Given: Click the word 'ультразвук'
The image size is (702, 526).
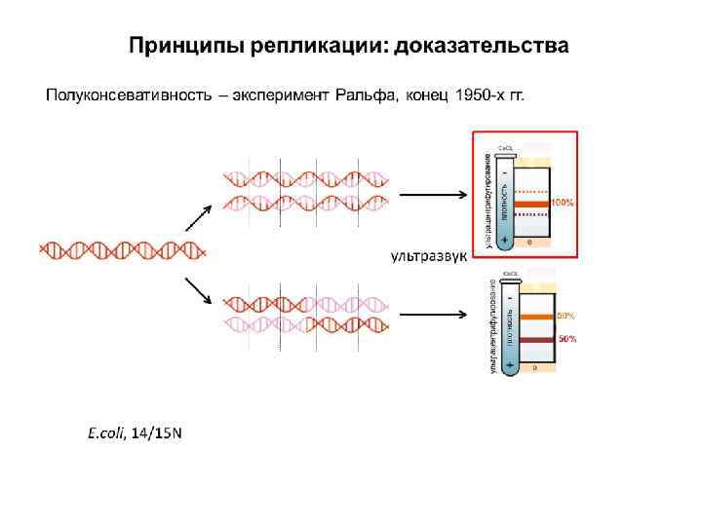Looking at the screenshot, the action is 430,256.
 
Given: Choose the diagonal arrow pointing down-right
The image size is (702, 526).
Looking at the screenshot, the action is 199,289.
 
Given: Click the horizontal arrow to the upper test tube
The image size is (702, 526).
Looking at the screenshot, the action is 434,193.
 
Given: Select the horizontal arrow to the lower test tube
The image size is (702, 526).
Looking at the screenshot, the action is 434,315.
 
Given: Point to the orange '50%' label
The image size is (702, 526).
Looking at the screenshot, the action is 566,317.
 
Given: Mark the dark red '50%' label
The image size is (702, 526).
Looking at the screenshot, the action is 566,339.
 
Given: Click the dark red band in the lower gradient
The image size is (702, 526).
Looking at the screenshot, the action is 537,339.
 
